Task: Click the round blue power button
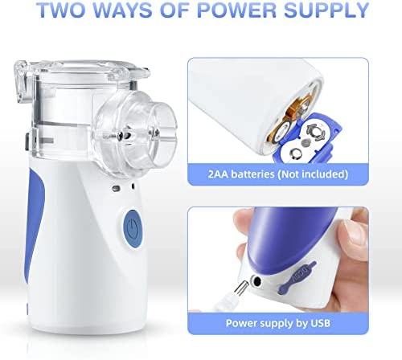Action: [133, 228]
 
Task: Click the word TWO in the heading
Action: [61, 10]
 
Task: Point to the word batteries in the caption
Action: [252, 174]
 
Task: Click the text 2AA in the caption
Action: [218, 174]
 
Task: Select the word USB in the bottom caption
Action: [320, 323]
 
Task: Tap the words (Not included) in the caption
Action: [313, 174]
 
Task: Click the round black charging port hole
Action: [256, 281]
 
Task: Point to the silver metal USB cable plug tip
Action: [240, 288]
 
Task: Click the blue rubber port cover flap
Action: [297, 276]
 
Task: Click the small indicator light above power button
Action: [116, 188]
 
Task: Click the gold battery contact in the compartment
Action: [299, 107]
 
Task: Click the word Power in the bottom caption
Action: [240, 323]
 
